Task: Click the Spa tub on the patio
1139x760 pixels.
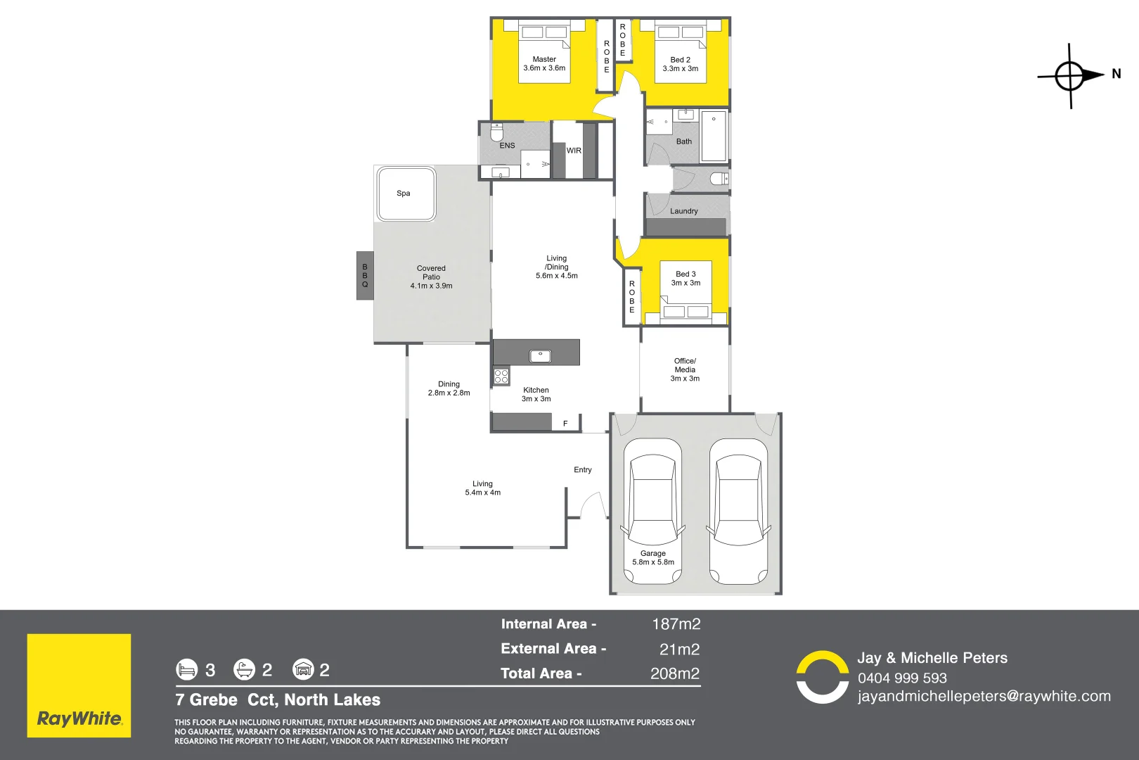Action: tap(406, 194)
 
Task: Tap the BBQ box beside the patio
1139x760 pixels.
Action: tap(365, 276)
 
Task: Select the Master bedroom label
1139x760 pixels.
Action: tap(544, 60)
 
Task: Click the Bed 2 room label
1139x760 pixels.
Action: tap(680, 60)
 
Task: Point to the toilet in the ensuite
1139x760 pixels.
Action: tap(497, 132)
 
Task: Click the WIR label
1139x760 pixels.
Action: tap(574, 151)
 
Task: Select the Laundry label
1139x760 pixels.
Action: tap(683, 211)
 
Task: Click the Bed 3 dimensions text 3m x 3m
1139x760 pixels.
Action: tap(686, 283)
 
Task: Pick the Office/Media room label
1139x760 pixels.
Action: tap(685, 365)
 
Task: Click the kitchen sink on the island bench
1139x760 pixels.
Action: tap(540, 356)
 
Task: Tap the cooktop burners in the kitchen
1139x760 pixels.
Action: tap(501, 376)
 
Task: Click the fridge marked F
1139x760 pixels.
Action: tap(565, 424)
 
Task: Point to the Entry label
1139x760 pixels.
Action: tap(583, 470)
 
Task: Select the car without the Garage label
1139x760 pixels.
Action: tap(738, 512)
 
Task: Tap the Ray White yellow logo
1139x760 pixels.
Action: tap(79, 685)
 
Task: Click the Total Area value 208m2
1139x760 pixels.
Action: tap(675, 673)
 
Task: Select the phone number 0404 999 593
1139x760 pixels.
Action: tap(902, 678)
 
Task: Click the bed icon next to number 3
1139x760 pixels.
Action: tap(186, 669)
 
